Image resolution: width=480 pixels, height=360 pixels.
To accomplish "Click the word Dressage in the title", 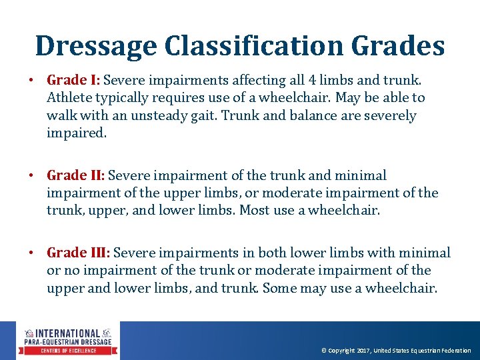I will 95,46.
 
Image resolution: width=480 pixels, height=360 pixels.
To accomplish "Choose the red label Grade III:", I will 79,253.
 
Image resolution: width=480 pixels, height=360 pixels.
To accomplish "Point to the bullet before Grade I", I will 31,81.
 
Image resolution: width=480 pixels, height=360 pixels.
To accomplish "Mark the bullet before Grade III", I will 31,254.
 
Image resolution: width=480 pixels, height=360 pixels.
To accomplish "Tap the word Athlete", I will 69,98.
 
